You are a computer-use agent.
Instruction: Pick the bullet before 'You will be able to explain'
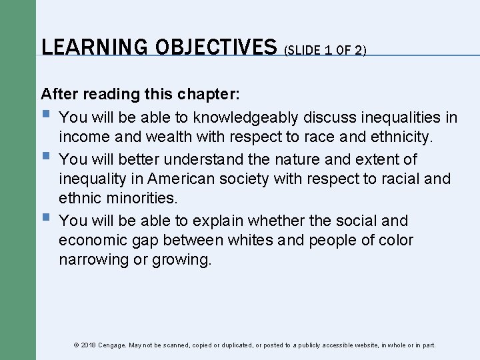pyautogui.click(x=45, y=217)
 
